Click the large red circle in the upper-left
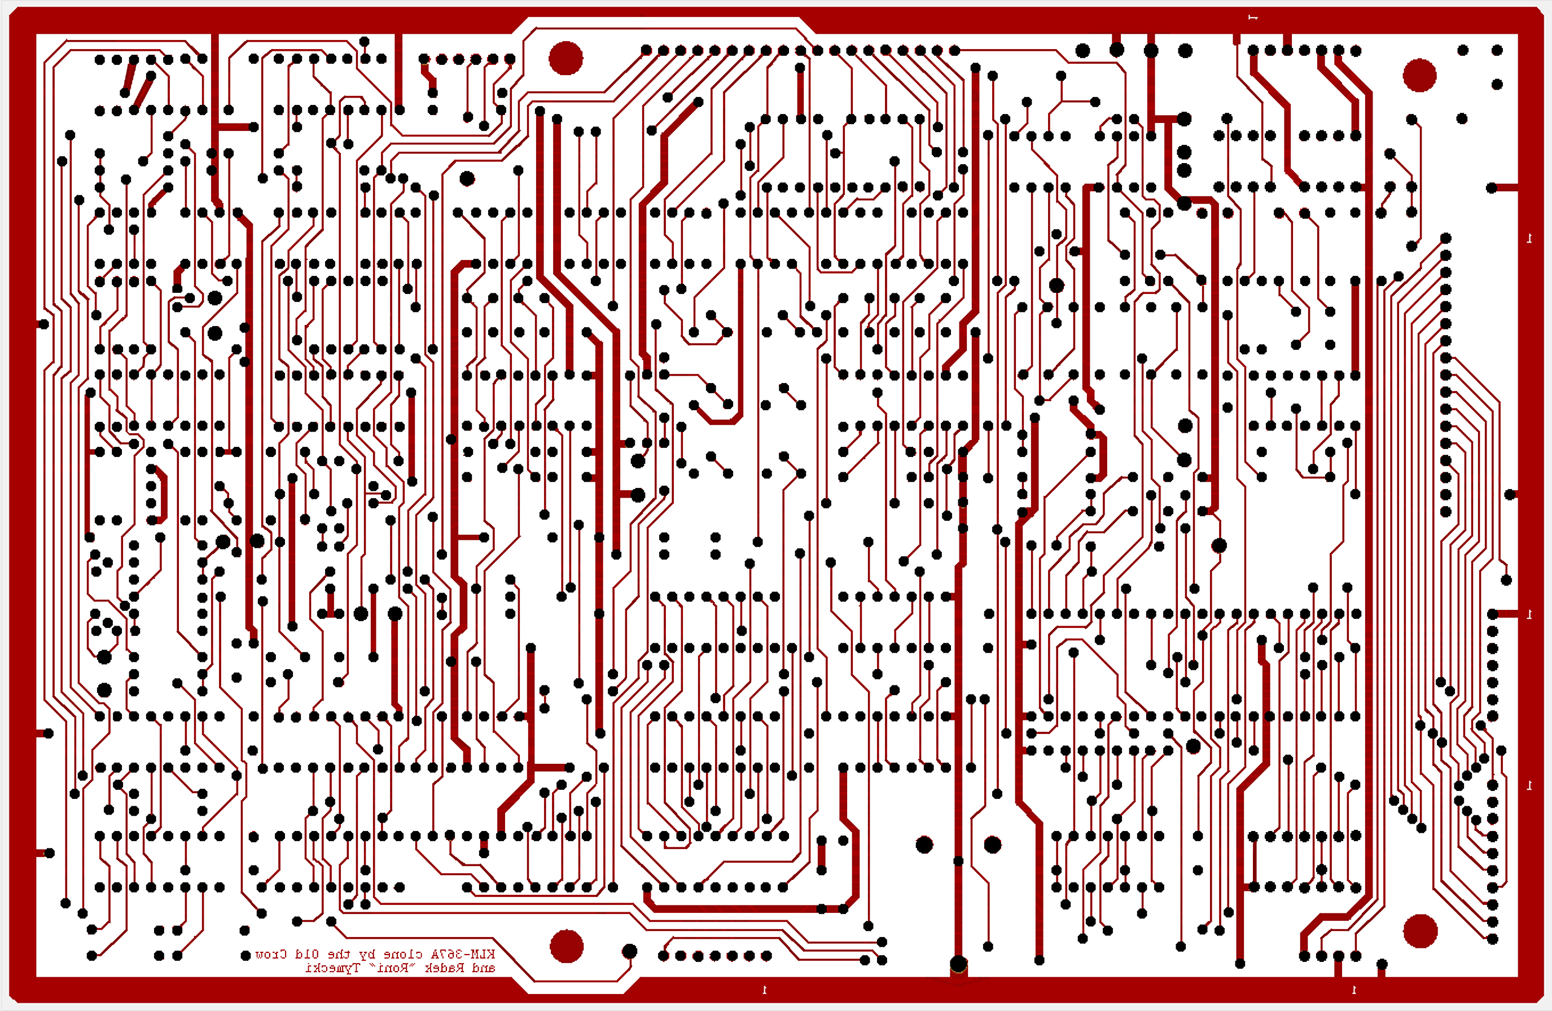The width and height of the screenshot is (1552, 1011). point(565,58)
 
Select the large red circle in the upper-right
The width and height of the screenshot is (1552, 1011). point(1419,75)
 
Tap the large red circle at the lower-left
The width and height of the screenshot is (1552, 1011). point(566,946)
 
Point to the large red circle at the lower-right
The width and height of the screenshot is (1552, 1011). point(1419,930)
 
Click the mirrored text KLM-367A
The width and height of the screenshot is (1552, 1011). point(463,954)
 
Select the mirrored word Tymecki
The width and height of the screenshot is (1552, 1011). point(332,968)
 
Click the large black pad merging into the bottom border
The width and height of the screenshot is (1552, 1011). point(958,964)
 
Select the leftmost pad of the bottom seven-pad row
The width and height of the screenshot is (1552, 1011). point(663,956)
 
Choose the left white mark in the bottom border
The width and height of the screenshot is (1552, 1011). point(764,990)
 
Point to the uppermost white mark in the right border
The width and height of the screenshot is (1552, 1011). point(1529,239)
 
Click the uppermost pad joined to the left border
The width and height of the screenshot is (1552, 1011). point(43,324)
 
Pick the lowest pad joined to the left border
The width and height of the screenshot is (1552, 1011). point(49,852)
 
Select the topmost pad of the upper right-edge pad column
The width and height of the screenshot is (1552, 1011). point(1446,238)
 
